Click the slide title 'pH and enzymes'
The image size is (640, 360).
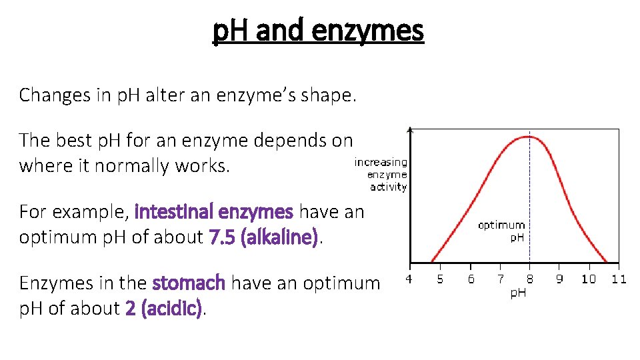click(x=318, y=31)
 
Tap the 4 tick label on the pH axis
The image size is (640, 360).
click(x=409, y=279)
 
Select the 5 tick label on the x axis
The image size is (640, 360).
click(x=440, y=279)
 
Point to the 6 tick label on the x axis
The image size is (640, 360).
click(x=471, y=279)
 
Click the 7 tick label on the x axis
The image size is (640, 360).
click(x=501, y=279)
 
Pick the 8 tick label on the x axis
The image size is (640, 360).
click(x=530, y=279)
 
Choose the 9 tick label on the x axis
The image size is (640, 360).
click(x=559, y=279)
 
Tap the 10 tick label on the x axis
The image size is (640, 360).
click(x=589, y=279)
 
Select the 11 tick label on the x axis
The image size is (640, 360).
click(x=619, y=279)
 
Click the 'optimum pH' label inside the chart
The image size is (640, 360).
click(x=501, y=231)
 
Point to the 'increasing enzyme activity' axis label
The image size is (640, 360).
click(x=381, y=175)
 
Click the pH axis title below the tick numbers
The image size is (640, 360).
click(x=518, y=293)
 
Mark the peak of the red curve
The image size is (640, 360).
click(x=529, y=137)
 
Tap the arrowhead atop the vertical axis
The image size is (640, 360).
click(x=410, y=129)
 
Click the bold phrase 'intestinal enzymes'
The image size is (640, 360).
click(x=213, y=212)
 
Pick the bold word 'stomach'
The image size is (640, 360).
click(x=189, y=283)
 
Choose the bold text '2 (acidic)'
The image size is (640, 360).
click(x=163, y=309)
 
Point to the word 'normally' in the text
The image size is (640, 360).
click(x=132, y=166)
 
